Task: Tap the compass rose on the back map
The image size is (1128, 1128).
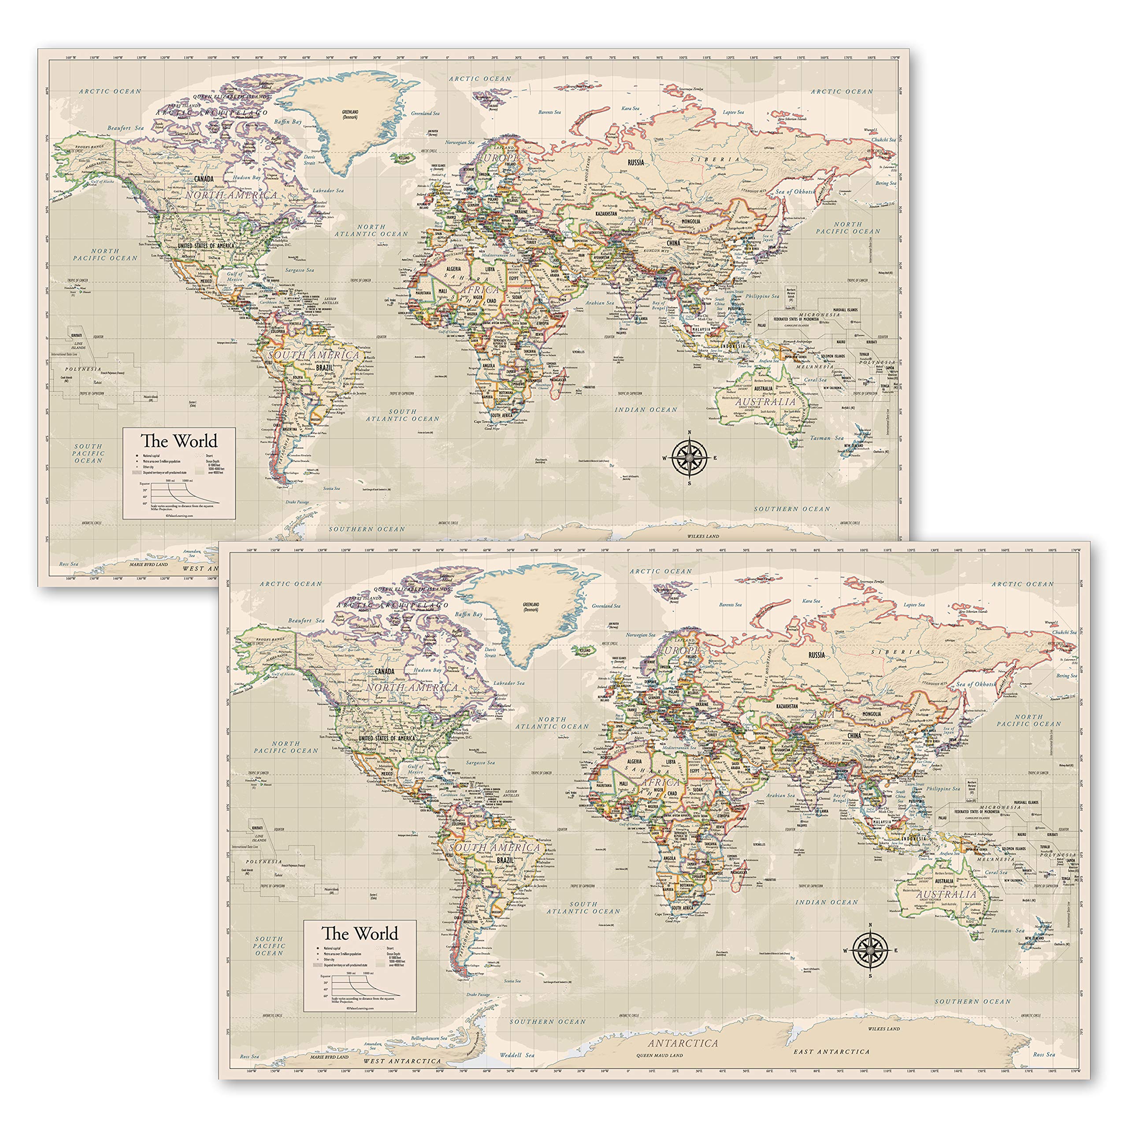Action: pos(690,458)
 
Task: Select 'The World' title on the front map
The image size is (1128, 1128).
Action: pos(360,933)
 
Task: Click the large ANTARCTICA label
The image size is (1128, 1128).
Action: pos(683,1043)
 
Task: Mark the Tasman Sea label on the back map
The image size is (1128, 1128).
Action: pos(827,438)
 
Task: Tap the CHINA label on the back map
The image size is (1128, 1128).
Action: pos(673,243)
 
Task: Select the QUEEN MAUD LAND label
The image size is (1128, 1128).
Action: pos(660,1056)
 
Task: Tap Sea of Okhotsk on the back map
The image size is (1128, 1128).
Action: pos(794,192)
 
